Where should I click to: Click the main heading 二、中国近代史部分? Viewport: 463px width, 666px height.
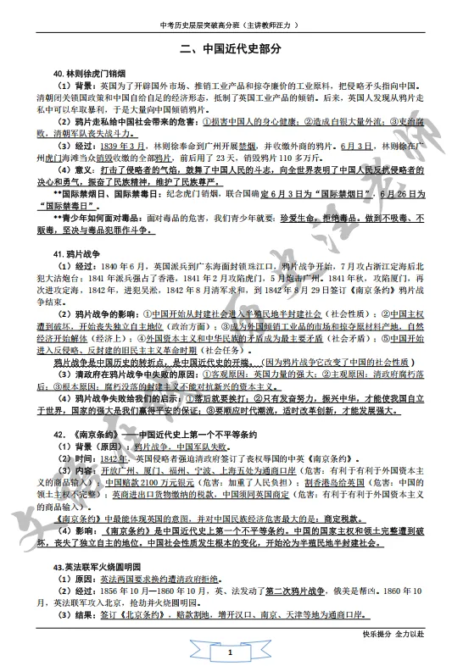[x=231, y=49]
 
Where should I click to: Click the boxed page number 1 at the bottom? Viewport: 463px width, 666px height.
[x=230, y=651]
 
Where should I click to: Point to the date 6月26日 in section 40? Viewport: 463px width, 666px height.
[x=399, y=193]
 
